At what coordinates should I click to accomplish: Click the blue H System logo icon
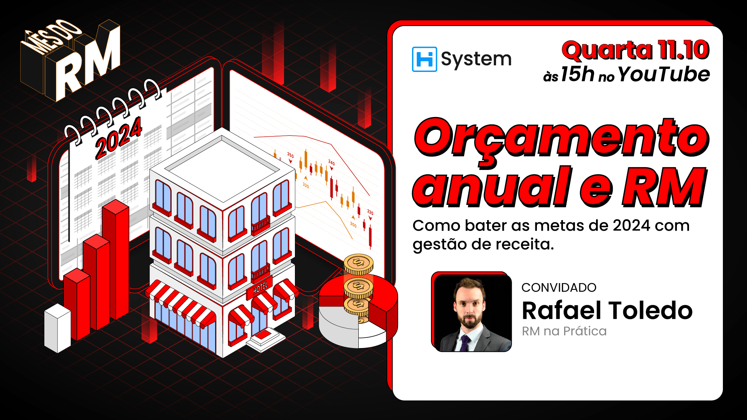tap(424, 59)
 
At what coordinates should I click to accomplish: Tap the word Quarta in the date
tap(607, 51)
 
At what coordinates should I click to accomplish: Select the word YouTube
tap(664, 74)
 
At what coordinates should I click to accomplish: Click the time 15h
tap(577, 74)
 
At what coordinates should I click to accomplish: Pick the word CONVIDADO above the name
tap(559, 287)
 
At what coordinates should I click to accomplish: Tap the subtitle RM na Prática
tap(564, 331)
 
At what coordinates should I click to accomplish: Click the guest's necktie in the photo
tap(465, 342)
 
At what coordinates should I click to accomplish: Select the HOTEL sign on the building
tap(260, 288)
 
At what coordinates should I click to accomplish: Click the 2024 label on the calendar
tap(119, 138)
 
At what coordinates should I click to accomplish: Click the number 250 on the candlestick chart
tap(290, 155)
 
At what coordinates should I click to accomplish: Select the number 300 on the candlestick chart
tap(353, 224)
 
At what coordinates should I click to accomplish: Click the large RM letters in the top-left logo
tap(88, 64)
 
